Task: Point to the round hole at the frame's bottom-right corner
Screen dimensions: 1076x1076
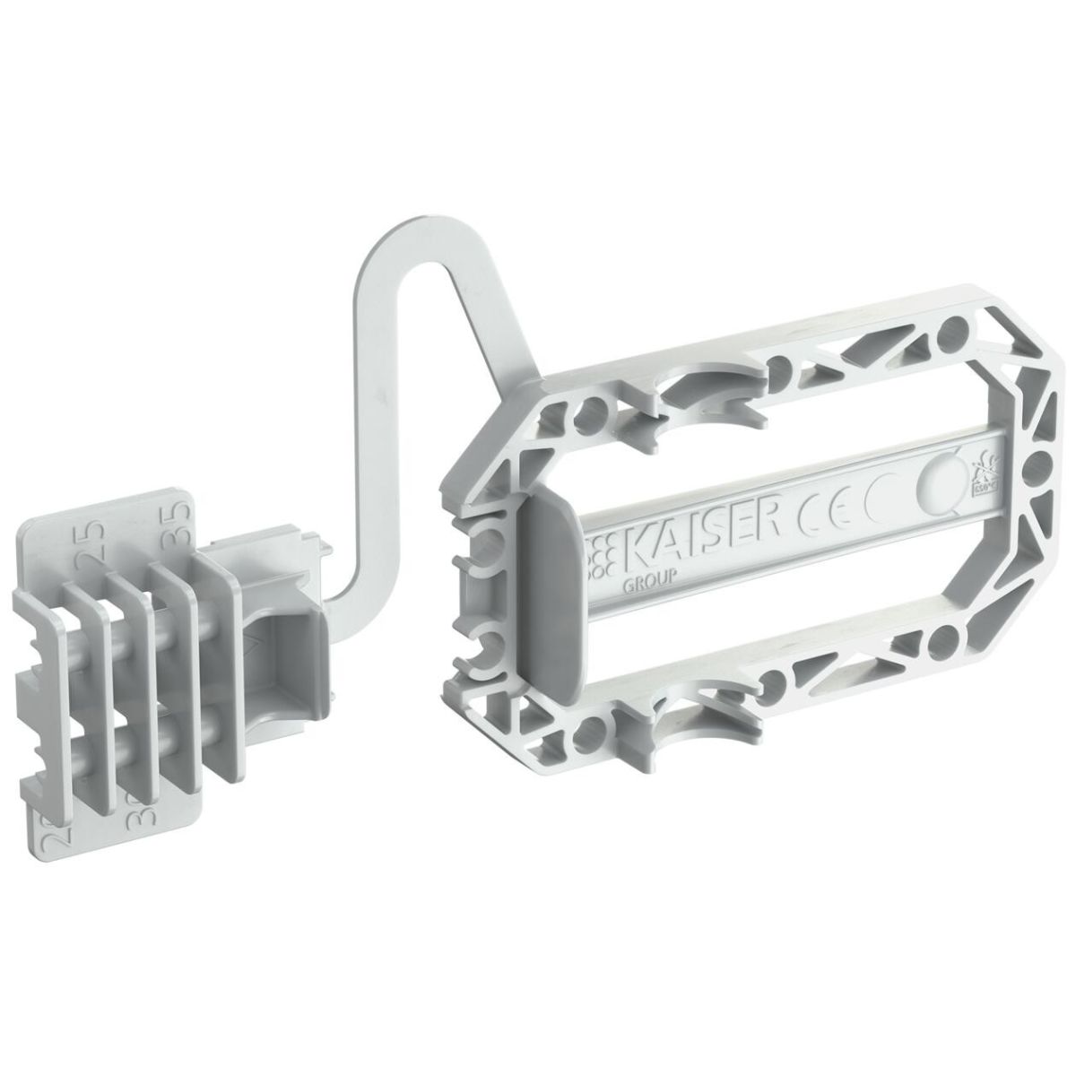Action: click(941, 642)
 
